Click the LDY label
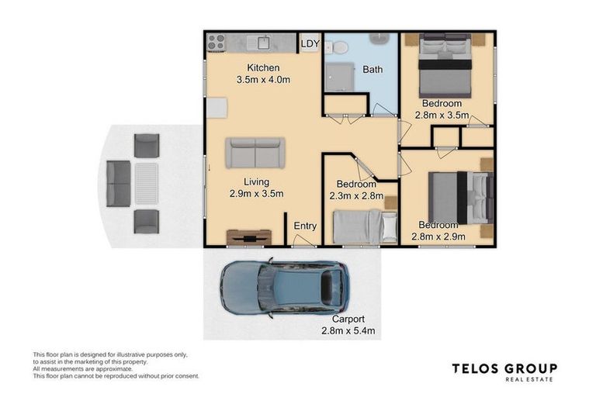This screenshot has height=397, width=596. point(310,44)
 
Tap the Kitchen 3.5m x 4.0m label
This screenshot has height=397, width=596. point(263,74)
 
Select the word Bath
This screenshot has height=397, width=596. point(372,70)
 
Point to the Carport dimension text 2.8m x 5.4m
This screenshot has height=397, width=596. point(348,330)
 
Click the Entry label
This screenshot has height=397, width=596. point(305,226)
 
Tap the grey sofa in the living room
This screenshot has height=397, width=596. point(255,153)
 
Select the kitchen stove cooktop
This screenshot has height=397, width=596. point(216,42)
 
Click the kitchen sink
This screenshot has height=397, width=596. point(263,43)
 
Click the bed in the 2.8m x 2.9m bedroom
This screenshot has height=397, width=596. point(459,197)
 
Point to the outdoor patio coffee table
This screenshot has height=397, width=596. point(146,183)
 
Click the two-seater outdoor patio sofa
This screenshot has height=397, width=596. point(118,183)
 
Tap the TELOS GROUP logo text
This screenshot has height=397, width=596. point(504,369)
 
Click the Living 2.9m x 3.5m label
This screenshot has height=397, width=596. point(256,188)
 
